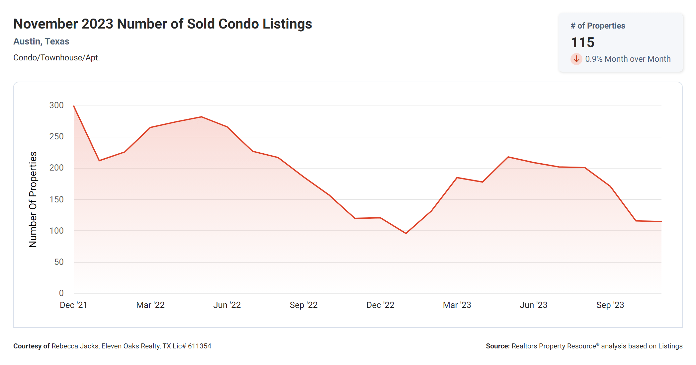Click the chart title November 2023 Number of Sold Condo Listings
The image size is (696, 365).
[x=163, y=24]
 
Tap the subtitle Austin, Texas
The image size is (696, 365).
[x=41, y=41]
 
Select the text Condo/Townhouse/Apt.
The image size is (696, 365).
[x=56, y=58]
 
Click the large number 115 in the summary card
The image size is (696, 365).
[x=582, y=42]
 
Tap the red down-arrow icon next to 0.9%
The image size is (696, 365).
[x=576, y=59]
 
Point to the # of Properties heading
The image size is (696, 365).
[x=598, y=26]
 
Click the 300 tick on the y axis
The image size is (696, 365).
[x=56, y=106]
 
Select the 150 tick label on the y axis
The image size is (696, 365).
[x=56, y=199]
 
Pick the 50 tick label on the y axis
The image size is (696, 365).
[x=59, y=262]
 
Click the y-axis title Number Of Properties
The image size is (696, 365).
[x=33, y=199]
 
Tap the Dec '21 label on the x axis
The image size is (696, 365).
[x=73, y=305]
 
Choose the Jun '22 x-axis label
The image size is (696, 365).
[x=227, y=305]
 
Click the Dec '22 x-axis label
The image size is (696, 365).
[x=380, y=305]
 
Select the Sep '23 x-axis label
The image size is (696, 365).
[x=610, y=305]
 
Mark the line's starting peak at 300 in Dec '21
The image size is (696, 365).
[x=74, y=106]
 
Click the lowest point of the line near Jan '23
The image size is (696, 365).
[x=406, y=233]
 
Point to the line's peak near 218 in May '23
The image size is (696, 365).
[x=508, y=157]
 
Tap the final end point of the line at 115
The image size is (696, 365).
[x=661, y=221]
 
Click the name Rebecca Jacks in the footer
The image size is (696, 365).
[x=75, y=346]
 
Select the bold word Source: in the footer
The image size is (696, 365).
[x=497, y=346]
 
